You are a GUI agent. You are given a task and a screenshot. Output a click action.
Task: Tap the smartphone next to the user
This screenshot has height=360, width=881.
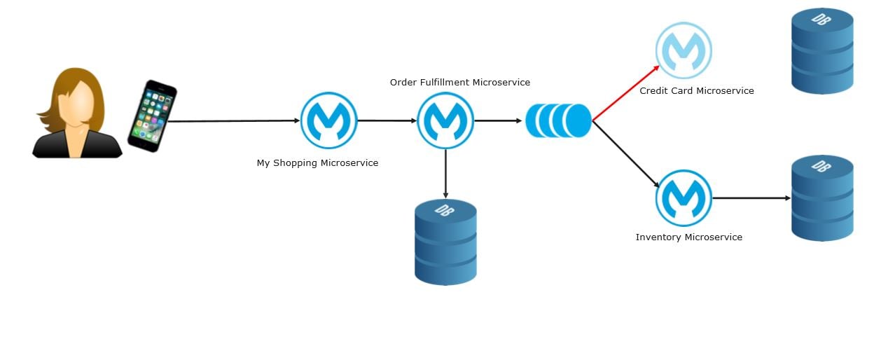tap(152, 116)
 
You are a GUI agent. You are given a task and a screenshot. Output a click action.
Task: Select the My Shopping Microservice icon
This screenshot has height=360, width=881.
tap(329, 120)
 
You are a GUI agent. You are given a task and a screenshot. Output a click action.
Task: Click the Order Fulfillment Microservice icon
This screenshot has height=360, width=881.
tap(445, 120)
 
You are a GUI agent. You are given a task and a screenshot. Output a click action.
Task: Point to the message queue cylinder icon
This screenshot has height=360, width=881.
tap(558, 120)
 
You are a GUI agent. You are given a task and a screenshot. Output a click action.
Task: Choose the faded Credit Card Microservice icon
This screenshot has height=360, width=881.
tap(684, 50)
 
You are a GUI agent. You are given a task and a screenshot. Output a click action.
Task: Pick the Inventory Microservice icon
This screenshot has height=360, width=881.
tap(684, 198)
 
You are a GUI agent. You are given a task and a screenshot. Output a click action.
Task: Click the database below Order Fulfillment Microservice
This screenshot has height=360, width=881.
tap(445, 242)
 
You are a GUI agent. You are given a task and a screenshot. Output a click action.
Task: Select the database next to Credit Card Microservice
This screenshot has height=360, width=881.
tap(822, 50)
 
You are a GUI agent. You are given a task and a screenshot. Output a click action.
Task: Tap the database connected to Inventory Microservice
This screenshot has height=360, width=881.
tap(822, 198)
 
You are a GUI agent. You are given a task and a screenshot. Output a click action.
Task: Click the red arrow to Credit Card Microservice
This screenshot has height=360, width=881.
tap(625, 93)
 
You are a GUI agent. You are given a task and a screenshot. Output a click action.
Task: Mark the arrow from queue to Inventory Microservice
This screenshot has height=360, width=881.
tap(625, 153)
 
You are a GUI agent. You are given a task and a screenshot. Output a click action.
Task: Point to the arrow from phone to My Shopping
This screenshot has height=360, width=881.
tap(235, 121)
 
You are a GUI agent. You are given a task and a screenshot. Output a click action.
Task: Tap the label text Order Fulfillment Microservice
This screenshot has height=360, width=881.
tap(459, 83)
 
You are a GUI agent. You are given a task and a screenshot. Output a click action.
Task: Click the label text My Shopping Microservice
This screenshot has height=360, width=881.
tap(317, 163)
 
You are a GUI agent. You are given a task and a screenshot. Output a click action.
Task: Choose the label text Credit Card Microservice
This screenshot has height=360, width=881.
tap(696, 91)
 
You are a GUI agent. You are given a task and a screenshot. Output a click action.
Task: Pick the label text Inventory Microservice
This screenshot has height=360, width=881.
tap(688, 237)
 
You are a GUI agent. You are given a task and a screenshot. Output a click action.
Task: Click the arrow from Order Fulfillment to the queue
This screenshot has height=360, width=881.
tap(499, 120)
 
